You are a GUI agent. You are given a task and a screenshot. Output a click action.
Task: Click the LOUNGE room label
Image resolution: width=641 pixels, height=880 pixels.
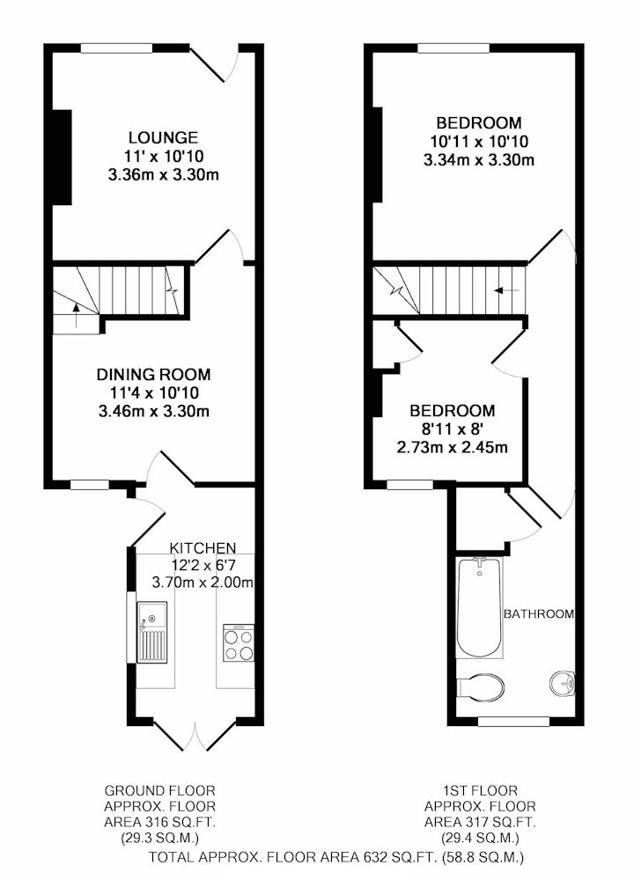pyautogui.click(x=164, y=137)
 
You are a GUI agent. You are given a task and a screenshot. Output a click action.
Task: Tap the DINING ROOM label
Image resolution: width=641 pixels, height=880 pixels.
pyautogui.click(x=154, y=374)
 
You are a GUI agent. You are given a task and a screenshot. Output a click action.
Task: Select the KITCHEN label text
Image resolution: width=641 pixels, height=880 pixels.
pyautogui.click(x=203, y=547)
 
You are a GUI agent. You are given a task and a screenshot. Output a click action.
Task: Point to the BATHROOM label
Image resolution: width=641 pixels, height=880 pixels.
pyautogui.click(x=539, y=614)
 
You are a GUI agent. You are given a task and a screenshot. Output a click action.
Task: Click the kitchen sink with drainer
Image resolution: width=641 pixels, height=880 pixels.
pyautogui.click(x=152, y=632)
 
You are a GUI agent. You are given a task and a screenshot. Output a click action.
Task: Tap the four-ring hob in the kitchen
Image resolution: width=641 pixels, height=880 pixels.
pyautogui.click(x=239, y=642)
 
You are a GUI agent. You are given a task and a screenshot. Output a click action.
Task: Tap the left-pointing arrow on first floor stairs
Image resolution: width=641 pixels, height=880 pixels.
pyautogui.click(x=506, y=290)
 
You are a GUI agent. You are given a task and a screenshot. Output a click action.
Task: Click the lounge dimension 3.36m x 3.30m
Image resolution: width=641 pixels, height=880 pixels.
pyautogui.click(x=164, y=174)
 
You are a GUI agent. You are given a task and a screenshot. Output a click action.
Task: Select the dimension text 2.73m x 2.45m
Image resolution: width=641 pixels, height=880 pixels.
pyautogui.click(x=453, y=447)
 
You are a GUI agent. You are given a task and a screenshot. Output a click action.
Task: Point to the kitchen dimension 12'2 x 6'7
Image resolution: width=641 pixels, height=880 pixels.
pyautogui.click(x=203, y=565)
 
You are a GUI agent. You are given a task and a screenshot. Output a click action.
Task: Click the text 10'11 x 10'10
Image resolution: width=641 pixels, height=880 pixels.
pyautogui.click(x=479, y=141)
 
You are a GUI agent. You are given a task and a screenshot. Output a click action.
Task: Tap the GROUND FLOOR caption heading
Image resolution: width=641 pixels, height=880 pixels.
pyautogui.click(x=160, y=791)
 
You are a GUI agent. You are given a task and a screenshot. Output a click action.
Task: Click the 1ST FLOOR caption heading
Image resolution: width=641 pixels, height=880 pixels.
pyautogui.click(x=480, y=791)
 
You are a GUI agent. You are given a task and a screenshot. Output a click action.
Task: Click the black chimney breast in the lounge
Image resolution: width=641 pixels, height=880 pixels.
pyautogui.click(x=63, y=158)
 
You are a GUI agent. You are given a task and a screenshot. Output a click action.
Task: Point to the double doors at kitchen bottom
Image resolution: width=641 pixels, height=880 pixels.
pyautogui.click(x=195, y=734)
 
